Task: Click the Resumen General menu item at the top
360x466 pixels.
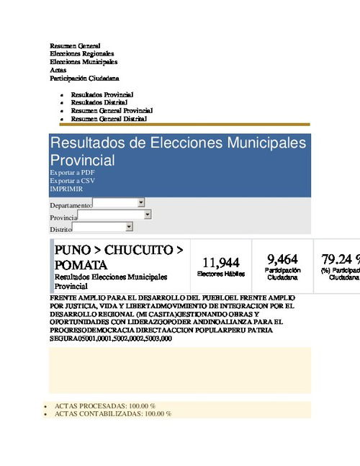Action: pyautogui.click(x=75, y=46)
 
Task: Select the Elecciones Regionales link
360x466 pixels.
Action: pyautogui.click(x=81, y=54)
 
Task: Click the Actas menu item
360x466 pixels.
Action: pyautogui.click(x=58, y=70)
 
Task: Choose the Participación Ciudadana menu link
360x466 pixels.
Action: pyautogui.click(x=84, y=78)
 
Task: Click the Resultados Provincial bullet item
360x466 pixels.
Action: pyautogui.click(x=102, y=95)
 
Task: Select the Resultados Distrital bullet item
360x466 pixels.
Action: pyautogui.click(x=99, y=103)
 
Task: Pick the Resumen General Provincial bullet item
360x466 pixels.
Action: pyautogui.click(x=112, y=111)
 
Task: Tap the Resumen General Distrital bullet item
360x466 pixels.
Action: pyautogui.click(x=109, y=119)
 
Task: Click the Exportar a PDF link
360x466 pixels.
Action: pyautogui.click(x=72, y=173)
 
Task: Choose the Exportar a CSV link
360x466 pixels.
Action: pyautogui.click(x=72, y=181)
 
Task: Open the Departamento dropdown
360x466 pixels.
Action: pyautogui.click(x=119, y=204)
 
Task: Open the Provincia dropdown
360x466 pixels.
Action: pyautogui.click(x=114, y=215)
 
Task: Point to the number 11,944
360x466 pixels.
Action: pyautogui.click(x=220, y=263)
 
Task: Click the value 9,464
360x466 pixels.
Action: pyautogui.click(x=282, y=259)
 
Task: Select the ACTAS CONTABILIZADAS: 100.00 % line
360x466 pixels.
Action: pyautogui.click(x=113, y=414)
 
